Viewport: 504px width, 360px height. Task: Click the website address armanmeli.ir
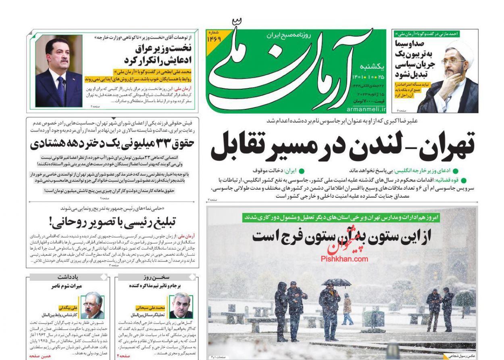coord(366,109)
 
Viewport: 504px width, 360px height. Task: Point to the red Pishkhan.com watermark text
coord(344,258)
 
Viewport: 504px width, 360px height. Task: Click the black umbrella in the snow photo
coord(336,282)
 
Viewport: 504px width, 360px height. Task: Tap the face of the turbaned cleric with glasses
coord(453,63)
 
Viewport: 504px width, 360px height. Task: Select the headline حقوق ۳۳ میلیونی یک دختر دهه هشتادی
coord(112,143)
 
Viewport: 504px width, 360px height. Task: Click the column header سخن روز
coord(156,277)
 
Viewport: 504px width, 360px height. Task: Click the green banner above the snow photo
coord(342,217)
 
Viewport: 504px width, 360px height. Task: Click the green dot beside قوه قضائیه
coord(463,180)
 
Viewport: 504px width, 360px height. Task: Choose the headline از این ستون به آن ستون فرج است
coord(342,236)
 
